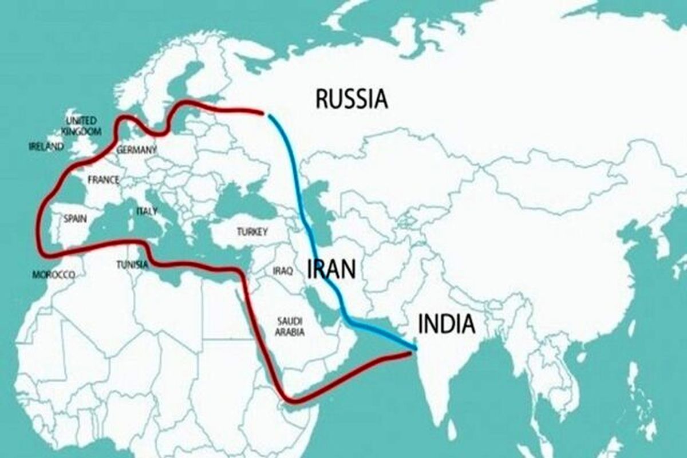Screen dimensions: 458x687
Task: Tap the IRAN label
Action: pyautogui.click(x=331, y=269)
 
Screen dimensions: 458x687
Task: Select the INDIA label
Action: pyautogui.click(x=447, y=324)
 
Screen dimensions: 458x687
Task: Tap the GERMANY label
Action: pyautogui.click(x=136, y=150)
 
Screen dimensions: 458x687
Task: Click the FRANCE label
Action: pyautogui.click(x=104, y=180)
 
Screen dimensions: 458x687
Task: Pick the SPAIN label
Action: pyautogui.click(x=75, y=218)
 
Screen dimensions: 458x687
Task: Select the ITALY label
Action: pyautogui.click(x=147, y=211)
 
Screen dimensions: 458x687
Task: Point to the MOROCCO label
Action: pyautogui.click(x=54, y=275)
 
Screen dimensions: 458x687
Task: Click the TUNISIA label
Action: pyautogui.click(x=132, y=264)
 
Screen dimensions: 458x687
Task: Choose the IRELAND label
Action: pyautogui.click(x=46, y=147)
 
